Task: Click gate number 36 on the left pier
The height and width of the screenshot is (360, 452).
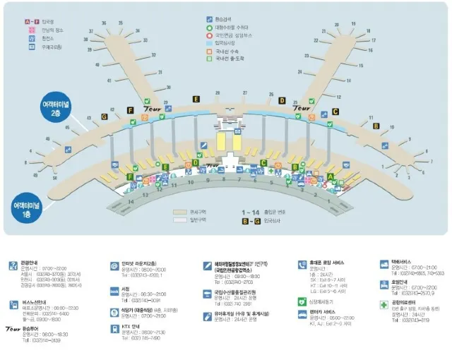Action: [103, 24]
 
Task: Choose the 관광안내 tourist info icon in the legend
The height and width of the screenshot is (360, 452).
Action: [13, 265]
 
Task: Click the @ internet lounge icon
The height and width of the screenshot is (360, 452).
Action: [114, 266]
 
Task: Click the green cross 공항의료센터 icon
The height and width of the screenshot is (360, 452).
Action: [385, 304]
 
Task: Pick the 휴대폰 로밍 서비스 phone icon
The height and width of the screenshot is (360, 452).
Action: [302, 265]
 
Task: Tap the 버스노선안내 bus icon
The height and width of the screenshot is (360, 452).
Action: [13, 304]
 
